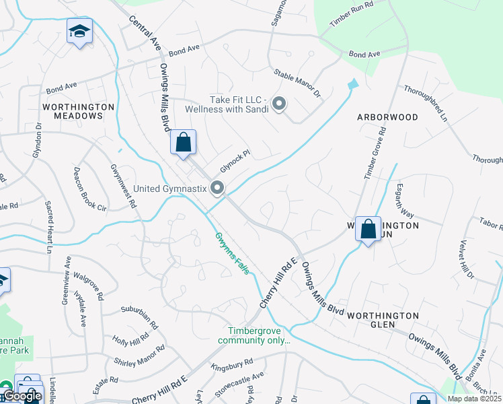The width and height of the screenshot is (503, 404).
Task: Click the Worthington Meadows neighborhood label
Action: [73, 111]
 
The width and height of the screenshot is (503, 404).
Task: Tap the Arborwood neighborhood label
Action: [387, 117]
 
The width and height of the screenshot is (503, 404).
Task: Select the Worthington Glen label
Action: [383, 315]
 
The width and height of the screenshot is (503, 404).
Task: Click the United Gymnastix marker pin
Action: [217, 188]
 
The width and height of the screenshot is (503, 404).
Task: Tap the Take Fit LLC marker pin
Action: [278, 104]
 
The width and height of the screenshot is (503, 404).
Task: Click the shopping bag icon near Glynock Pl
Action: [183, 143]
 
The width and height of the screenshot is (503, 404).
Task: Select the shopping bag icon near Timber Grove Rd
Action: [368, 229]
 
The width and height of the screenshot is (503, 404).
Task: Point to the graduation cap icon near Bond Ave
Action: [79, 31]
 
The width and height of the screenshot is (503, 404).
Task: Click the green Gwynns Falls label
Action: [232, 252]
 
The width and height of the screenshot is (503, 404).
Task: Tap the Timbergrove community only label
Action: [259, 335]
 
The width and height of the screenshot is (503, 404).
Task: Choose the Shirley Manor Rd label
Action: [139, 361]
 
